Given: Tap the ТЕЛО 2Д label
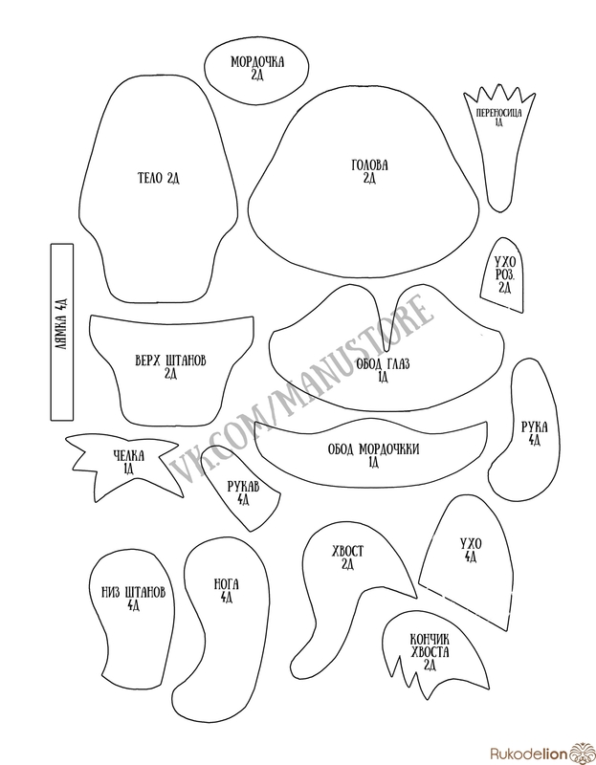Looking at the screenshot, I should click(x=159, y=178).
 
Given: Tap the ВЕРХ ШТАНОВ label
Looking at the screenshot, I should click(x=171, y=366).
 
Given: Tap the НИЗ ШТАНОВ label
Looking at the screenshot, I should click(x=133, y=598).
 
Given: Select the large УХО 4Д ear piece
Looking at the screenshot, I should click(x=470, y=550).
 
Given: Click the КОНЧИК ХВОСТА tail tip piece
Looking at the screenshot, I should click(x=430, y=650).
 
